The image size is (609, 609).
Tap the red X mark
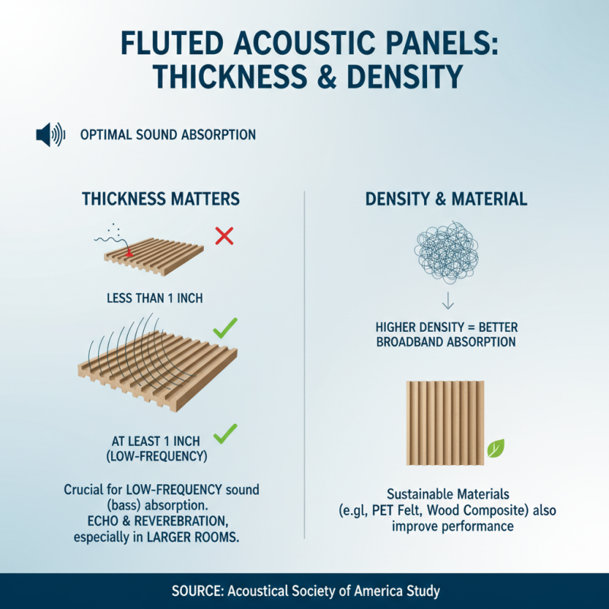tap(223, 236)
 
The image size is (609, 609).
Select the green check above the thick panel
tap(225, 329)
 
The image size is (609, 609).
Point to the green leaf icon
tap(496, 448)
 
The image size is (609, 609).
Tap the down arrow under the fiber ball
tap(447, 300)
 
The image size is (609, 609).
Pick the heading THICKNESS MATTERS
tap(161, 199)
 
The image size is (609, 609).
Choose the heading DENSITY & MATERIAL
tap(446, 199)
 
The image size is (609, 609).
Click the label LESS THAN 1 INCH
tap(155, 298)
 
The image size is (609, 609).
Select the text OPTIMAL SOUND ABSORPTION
tap(167, 136)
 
